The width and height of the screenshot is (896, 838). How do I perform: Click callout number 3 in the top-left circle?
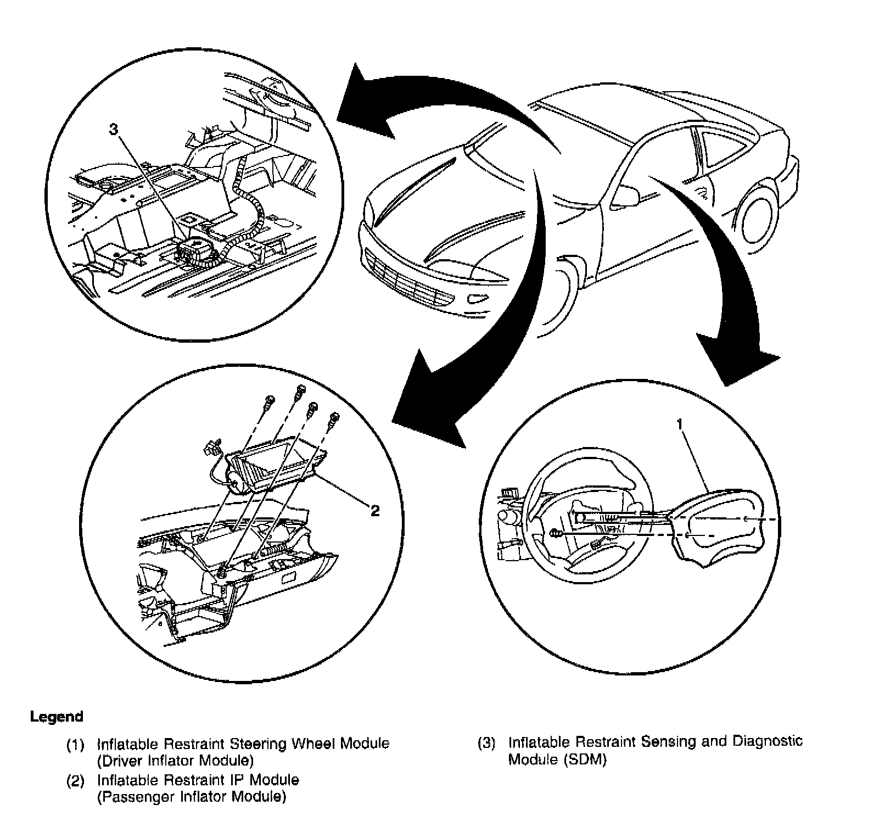pyautogui.click(x=113, y=130)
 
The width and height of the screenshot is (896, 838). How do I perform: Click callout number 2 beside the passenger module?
pyautogui.click(x=375, y=511)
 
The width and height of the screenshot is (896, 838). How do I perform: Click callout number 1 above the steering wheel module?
pyautogui.click(x=680, y=424)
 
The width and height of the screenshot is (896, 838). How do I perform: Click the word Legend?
pyautogui.click(x=57, y=717)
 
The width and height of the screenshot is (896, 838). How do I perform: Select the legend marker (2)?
pyautogui.click(x=75, y=780)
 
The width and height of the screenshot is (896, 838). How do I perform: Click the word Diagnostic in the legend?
pyautogui.click(x=768, y=741)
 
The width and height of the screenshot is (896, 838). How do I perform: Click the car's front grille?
pyautogui.click(x=406, y=280)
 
